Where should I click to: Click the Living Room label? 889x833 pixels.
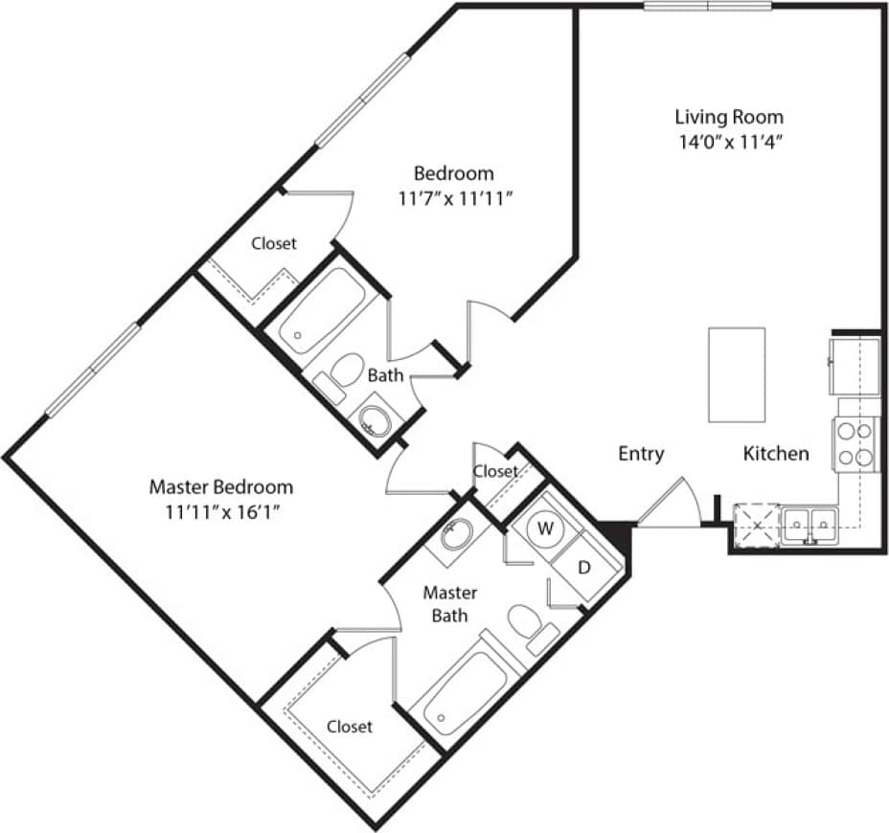tap(729, 118)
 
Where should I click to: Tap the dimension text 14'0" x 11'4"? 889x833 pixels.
tap(729, 143)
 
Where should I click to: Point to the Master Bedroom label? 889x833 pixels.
tap(221, 486)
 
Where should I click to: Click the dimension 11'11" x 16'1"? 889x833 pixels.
tap(221, 511)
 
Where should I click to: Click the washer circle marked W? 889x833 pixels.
tap(545, 528)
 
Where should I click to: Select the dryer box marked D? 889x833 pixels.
tap(583, 567)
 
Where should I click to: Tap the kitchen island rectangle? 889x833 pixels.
tap(737, 374)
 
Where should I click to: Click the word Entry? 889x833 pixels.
tap(641, 454)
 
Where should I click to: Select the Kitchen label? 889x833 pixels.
tap(776, 454)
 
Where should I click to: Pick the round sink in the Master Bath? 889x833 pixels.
tap(457, 533)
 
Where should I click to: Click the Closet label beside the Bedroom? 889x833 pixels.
tap(274, 243)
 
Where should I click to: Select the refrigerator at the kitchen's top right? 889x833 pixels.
tap(854, 365)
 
